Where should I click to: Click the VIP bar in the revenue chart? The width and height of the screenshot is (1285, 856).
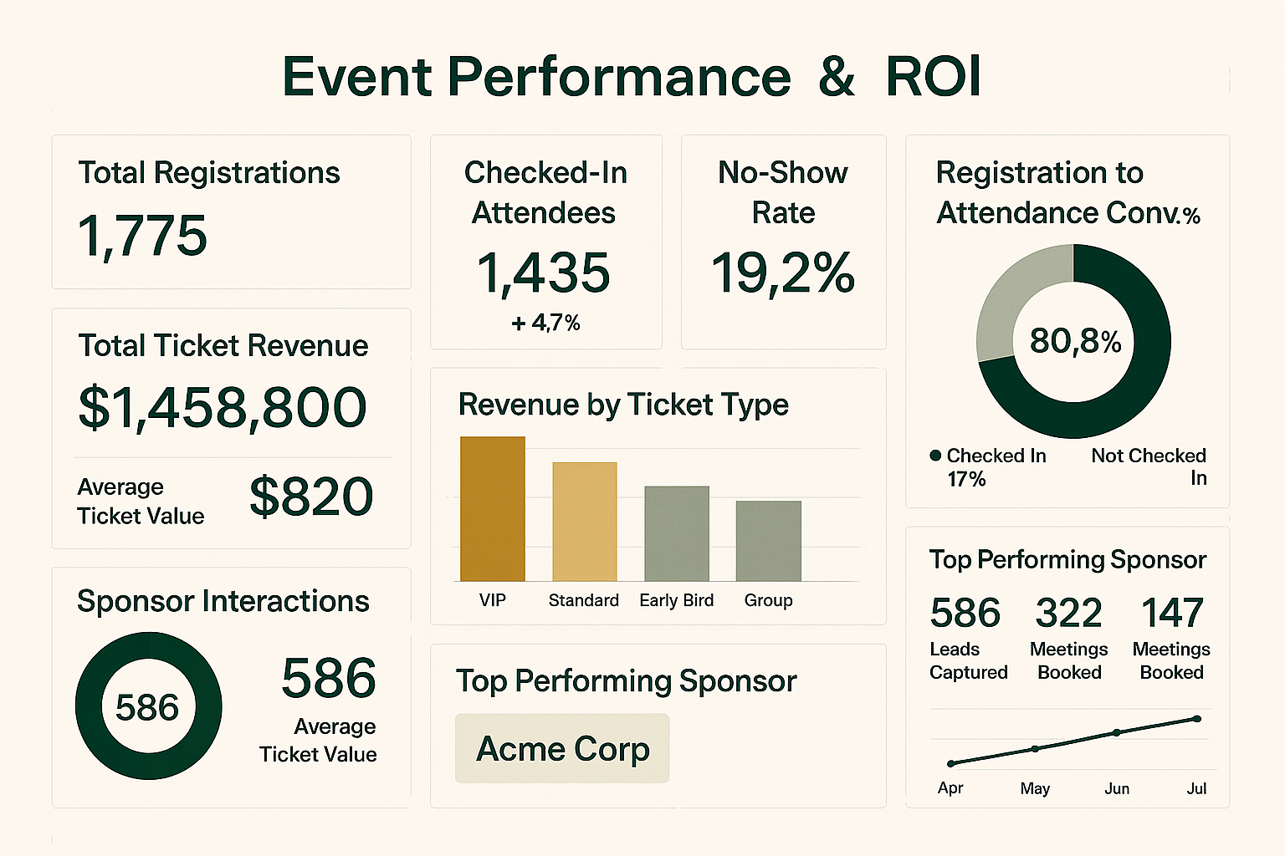[493, 508]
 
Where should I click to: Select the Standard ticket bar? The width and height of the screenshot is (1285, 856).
[585, 522]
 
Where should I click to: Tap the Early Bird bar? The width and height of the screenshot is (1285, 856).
[676, 533]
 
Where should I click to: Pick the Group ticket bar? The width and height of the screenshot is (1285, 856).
[768, 541]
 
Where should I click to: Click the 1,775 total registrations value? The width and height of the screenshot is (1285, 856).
[142, 236]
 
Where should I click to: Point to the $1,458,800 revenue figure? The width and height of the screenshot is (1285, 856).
[223, 407]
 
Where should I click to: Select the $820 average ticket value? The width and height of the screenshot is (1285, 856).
[311, 497]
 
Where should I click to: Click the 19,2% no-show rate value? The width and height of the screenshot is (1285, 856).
[783, 273]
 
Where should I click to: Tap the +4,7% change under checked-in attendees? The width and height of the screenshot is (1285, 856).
[545, 323]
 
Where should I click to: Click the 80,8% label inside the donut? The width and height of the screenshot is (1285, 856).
[1075, 341]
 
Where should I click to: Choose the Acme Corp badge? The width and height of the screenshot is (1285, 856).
[562, 748]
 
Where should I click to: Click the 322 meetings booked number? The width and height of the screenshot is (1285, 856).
[1068, 614]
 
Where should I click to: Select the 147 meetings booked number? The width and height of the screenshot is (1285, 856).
[1172, 614]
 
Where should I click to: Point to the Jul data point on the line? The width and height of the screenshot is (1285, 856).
[1197, 719]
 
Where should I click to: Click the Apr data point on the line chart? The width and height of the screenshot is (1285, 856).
[951, 763]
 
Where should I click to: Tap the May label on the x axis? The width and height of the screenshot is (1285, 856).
[1035, 788]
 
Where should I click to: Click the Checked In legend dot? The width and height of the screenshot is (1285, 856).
[935, 456]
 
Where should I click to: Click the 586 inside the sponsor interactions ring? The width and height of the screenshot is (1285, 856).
[147, 708]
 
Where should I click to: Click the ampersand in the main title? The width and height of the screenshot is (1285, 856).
[837, 77]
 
